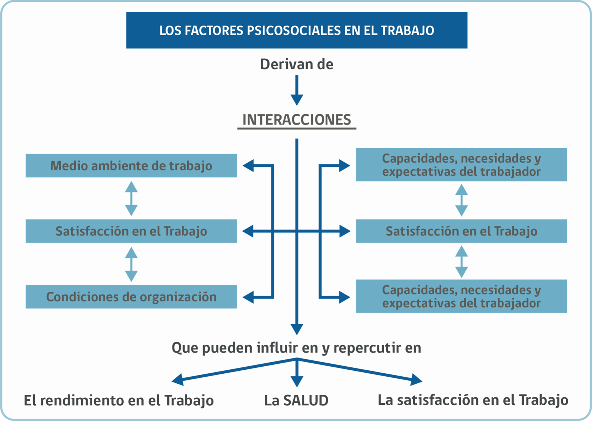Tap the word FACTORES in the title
click(213, 31)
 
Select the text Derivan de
click(297, 64)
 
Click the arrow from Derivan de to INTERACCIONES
click(297, 91)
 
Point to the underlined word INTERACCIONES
click(297, 120)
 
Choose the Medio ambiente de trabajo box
click(131, 166)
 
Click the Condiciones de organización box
click(131, 296)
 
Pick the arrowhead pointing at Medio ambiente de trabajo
click(248, 166)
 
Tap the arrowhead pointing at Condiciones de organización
click(248, 297)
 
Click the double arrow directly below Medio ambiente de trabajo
click(131, 198)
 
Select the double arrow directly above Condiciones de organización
click(131, 264)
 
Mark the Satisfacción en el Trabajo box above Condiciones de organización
click(131, 231)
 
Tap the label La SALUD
click(296, 400)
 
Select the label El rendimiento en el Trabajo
click(119, 400)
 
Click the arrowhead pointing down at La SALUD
click(297, 382)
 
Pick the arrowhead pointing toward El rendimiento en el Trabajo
click(178, 380)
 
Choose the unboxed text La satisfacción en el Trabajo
click(473, 400)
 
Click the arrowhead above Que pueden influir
click(297, 329)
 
